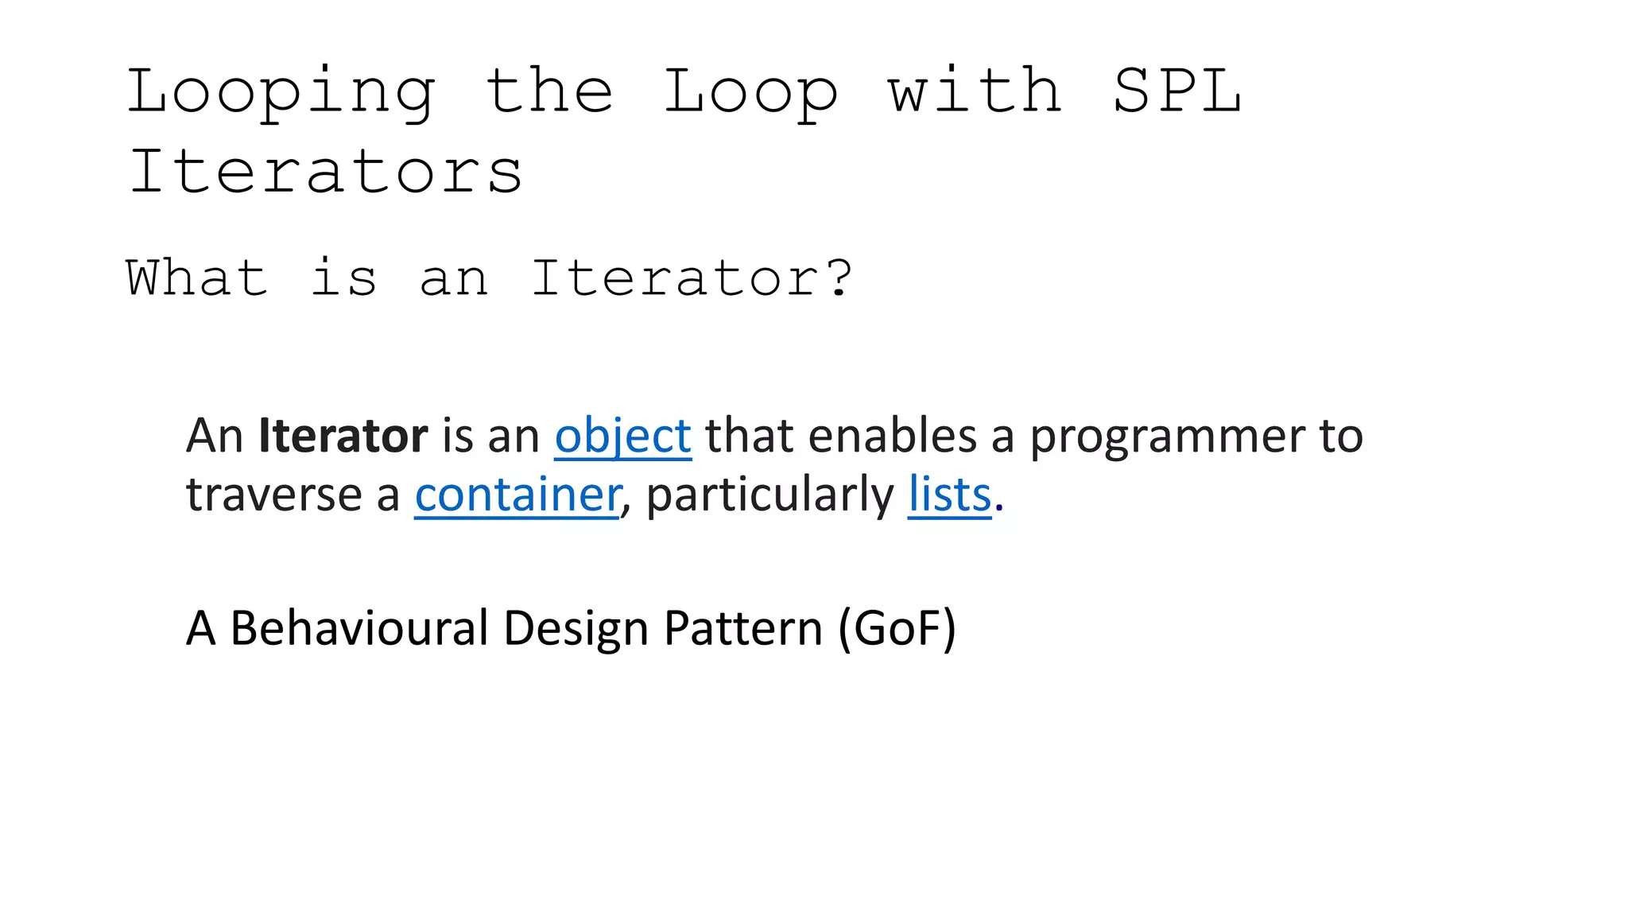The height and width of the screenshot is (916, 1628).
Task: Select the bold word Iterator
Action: [343, 436]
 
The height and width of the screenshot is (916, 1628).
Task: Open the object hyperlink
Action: [622, 436]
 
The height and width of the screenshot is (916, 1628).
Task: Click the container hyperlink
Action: [517, 495]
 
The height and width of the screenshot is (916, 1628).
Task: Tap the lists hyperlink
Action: [950, 495]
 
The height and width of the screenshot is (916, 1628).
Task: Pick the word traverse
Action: [274, 495]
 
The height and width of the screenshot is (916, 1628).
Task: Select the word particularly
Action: [770, 495]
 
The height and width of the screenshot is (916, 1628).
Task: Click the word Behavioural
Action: [359, 628]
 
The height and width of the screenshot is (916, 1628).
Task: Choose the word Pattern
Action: [743, 628]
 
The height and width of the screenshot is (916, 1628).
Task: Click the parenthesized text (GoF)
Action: [897, 628]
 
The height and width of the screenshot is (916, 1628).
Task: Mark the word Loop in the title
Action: [751, 93]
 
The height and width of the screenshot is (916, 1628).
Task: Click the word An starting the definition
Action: [215, 436]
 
